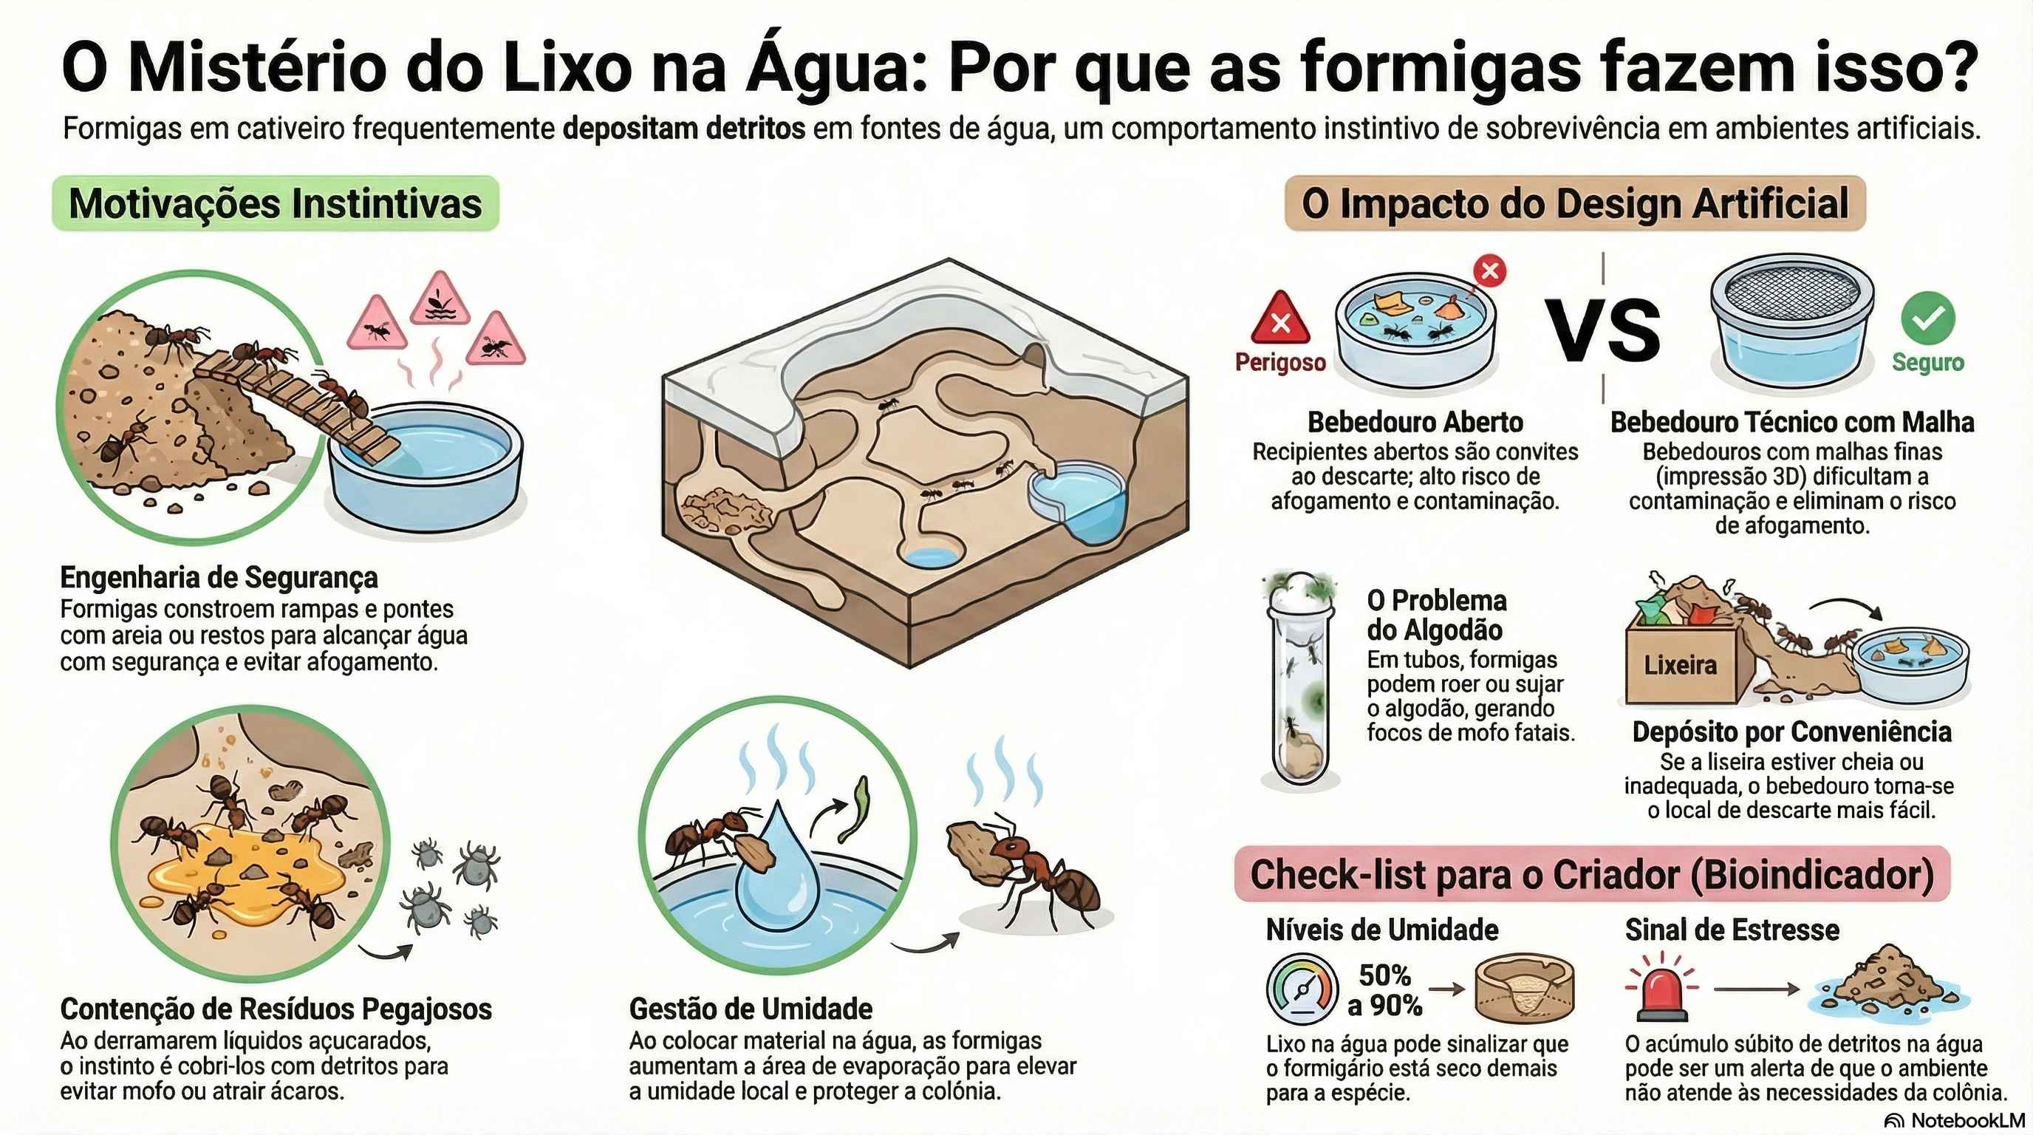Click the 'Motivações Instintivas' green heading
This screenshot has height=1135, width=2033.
click(276, 204)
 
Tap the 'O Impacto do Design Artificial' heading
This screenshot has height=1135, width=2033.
click(1574, 204)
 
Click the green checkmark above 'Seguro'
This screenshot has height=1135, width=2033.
click(1927, 318)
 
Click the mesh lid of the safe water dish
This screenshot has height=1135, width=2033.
click(1791, 290)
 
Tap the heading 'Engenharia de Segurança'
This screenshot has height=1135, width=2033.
click(219, 577)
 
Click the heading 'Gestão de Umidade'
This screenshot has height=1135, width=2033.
click(751, 1009)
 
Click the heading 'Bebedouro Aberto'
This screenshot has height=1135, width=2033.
click(1415, 422)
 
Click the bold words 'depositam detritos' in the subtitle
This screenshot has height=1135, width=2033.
click(684, 128)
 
